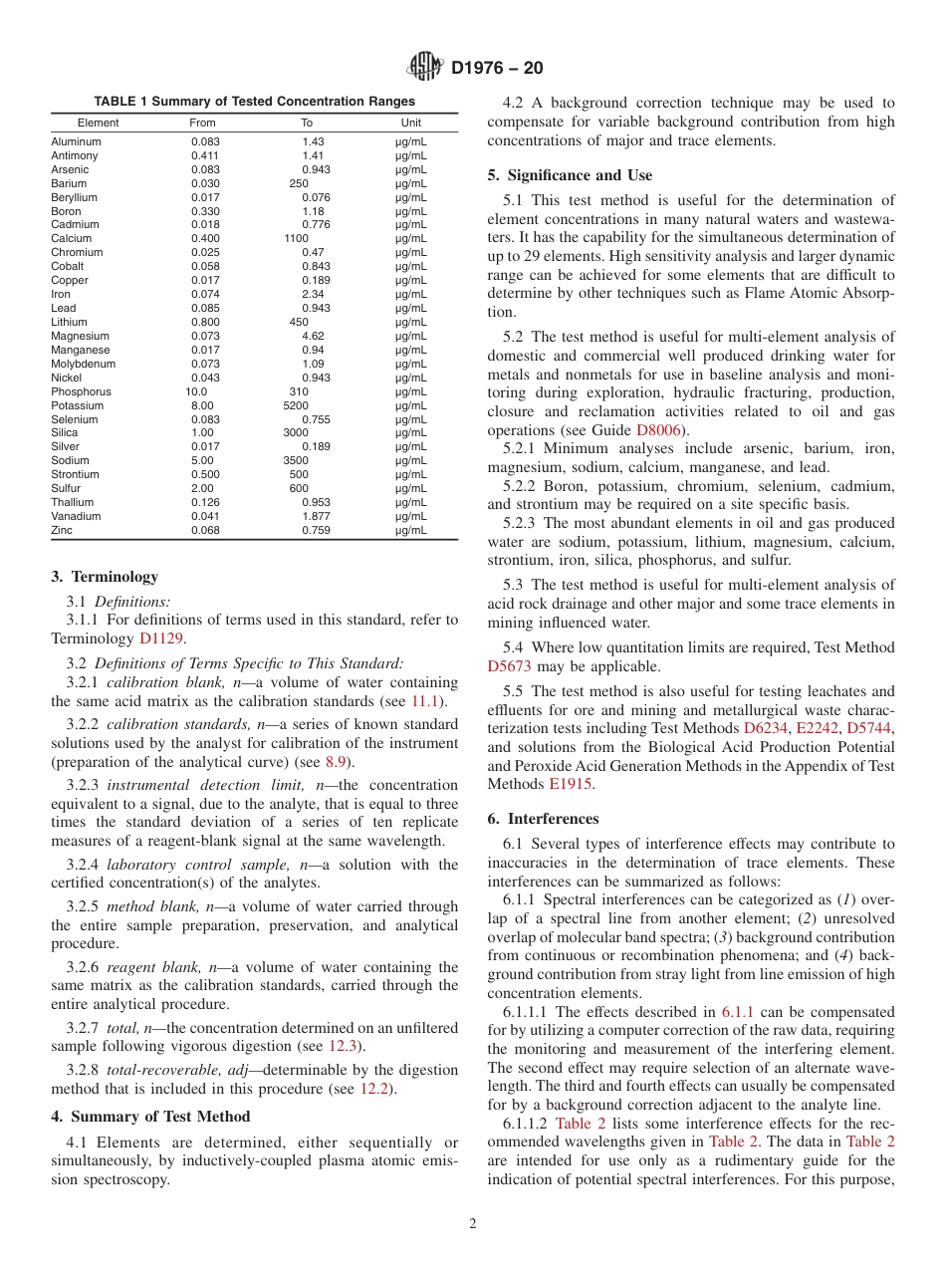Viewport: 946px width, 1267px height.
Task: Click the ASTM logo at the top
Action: [426, 68]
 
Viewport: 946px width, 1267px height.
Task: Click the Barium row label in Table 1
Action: [69, 183]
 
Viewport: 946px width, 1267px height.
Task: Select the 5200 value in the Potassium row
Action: [296, 405]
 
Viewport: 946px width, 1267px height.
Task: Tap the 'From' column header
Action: [202, 123]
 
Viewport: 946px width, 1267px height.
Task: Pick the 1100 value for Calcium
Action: [296, 239]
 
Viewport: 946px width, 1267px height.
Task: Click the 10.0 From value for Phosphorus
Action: [198, 391]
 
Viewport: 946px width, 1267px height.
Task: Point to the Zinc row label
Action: [62, 531]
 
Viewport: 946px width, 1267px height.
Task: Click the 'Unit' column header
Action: [411, 123]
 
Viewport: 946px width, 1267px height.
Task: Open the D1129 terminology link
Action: [161, 638]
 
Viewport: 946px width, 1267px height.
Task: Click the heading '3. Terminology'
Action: [104, 577]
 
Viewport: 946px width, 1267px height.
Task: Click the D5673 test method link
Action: [510, 666]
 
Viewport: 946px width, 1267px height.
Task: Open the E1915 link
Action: [567, 784]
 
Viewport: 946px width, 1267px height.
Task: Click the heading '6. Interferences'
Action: [543, 819]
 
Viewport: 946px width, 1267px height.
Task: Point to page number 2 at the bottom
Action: [473, 1224]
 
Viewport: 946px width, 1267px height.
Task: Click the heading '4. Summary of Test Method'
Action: [150, 1116]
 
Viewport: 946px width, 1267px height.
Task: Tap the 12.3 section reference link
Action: [341, 1046]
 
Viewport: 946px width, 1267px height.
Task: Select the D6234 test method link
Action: [764, 729]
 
